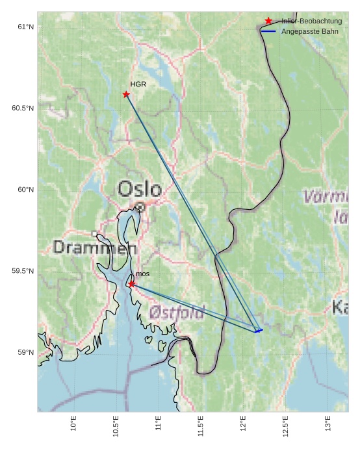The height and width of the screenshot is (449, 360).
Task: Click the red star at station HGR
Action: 126,94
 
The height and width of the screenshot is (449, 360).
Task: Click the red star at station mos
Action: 131,284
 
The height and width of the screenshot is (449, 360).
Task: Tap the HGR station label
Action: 138,84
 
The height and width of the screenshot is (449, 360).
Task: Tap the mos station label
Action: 142,274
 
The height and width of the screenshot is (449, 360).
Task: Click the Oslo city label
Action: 139,189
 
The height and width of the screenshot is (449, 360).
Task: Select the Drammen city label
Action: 95,248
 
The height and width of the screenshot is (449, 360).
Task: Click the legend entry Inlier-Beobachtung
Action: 311,21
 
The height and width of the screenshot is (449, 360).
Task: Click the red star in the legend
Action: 268,21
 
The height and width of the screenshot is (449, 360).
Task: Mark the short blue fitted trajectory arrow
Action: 259,331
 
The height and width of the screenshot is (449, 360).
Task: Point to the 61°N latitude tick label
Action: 25,27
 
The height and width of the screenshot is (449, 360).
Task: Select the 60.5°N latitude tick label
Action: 23,108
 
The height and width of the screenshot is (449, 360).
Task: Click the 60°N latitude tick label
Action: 25,190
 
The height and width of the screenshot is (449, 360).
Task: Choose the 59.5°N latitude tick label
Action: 23,271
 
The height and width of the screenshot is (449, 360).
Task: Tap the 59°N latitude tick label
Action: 25,353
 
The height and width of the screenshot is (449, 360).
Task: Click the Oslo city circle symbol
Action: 140,207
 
